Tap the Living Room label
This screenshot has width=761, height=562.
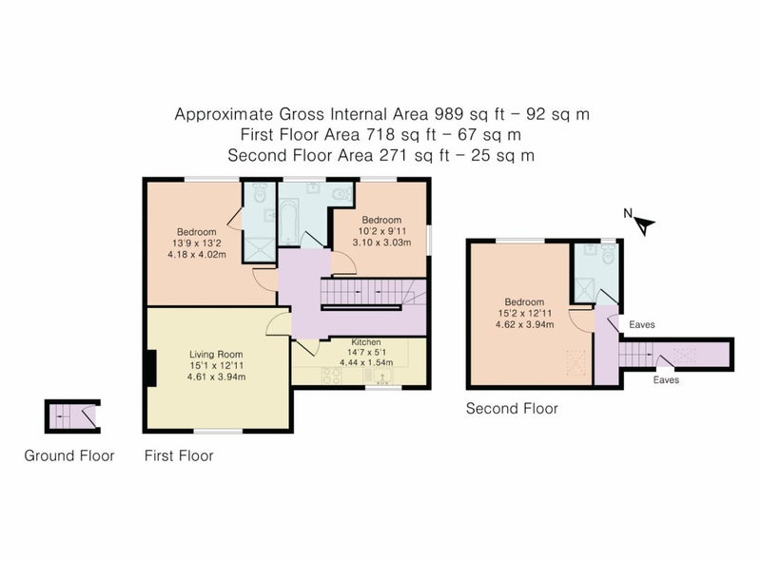coord(216,355)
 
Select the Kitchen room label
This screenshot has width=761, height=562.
coord(366,342)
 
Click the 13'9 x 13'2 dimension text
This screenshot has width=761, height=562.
coord(197,243)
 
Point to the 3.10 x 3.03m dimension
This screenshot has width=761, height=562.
coord(381,242)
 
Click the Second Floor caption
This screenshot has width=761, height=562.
coord(512,409)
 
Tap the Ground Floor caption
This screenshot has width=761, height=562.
coord(69,455)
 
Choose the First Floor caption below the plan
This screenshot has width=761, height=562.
coord(179,455)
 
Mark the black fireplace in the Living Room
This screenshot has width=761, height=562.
coord(151,368)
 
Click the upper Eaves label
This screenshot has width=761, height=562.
coord(641,324)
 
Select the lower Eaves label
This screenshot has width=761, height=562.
coord(666,380)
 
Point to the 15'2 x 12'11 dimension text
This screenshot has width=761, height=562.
coord(525,314)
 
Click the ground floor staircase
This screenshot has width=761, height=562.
coord(73,417)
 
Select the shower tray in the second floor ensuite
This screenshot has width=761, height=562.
coord(584,289)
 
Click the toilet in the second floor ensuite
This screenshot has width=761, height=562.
coord(608,254)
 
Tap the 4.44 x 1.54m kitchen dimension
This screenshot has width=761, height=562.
coord(366,362)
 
